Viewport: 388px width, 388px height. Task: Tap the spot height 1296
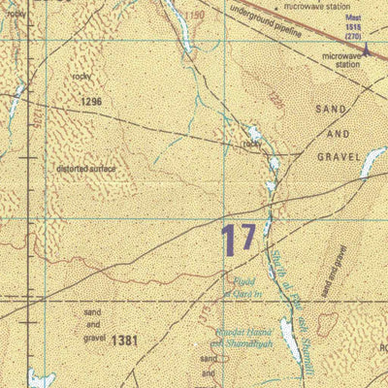tap(92, 101)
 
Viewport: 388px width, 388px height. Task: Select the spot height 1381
tap(124, 340)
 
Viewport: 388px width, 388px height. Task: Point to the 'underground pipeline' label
tap(265, 22)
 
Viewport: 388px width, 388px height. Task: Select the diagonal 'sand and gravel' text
tap(334, 271)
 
